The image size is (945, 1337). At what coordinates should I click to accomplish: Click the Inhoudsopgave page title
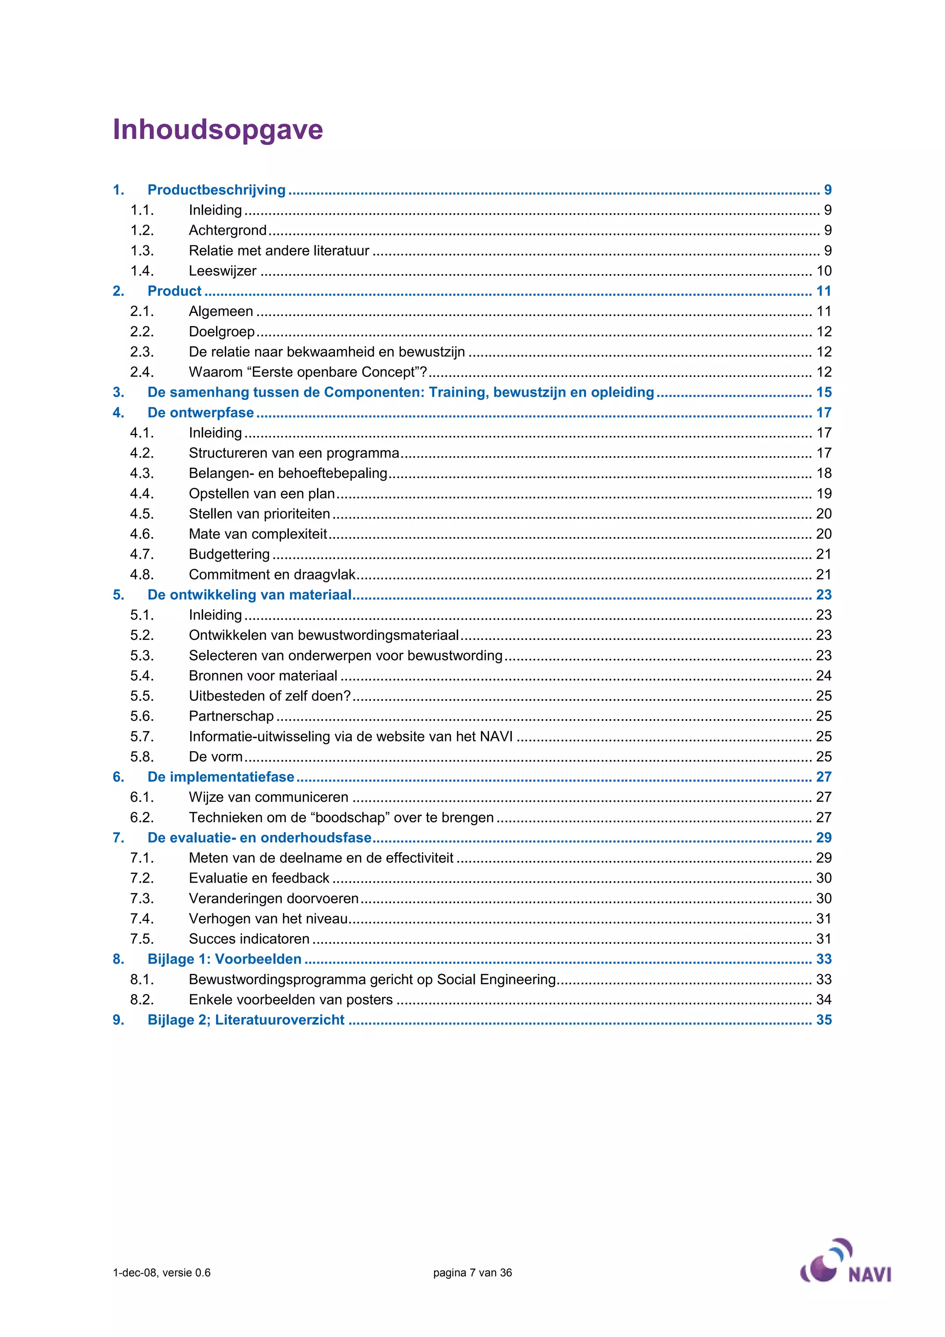point(218,129)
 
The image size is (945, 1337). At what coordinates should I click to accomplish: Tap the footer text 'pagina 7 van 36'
point(472,1272)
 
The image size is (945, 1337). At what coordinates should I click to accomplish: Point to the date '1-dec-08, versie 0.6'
point(162,1272)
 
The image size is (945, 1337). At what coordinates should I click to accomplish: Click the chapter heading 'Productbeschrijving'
point(216,190)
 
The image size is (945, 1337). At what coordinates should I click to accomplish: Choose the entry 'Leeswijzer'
point(222,271)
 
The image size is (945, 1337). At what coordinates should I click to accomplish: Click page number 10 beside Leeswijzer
point(823,271)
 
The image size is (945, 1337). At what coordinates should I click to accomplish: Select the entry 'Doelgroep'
point(222,331)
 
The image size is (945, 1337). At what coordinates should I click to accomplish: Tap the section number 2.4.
point(142,372)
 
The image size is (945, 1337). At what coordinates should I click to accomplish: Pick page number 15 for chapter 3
point(823,393)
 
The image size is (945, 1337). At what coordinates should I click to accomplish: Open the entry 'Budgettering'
point(229,555)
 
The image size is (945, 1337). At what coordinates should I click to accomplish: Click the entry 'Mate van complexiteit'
point(258,534)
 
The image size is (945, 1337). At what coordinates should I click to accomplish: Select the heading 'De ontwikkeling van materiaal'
point(250,595)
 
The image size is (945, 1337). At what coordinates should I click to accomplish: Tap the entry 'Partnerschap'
point(231,716)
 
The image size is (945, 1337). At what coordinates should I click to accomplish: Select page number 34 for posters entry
point(823,1000)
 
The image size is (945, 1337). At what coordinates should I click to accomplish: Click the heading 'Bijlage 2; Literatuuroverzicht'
point(246,1020)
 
